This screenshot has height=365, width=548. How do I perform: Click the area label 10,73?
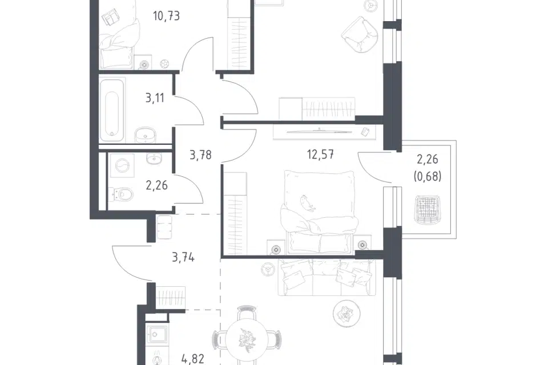pyautogui.click(x=166, y=16)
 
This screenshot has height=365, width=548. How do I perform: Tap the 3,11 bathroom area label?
pyautogui.click(x=155, y=98)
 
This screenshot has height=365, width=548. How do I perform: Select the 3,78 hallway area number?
pyautogui.click(x=200, y=155)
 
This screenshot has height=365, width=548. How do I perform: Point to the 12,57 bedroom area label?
pyautogui.click(x=320, y=154)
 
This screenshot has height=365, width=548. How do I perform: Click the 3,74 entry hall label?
pyautogui.click(x=183, y=258)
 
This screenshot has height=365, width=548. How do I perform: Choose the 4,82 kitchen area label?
pyautogui.click(x=192, y=359)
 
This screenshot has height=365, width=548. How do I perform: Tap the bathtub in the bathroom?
pyautogui.click(x=112, y=111)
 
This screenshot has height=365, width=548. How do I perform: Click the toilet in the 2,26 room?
pyautogui.click(x=120, y=194)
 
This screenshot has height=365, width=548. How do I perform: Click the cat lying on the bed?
pyautogui.click(x=308, y=203)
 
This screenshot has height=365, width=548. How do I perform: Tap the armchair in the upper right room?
pyautogui.click(x=360, y=35)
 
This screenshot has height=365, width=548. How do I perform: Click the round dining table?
pyautogui.click(x=247, y=339)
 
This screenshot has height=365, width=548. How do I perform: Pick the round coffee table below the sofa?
pyautogui.click(x=346, y=314)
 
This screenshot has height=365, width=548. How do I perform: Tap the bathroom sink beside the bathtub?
pyautogui.click(x=146, y=135)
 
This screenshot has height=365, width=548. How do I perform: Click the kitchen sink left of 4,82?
pyautogui.click(x=155, y=335)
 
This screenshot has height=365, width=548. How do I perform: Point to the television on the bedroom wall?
pyautogui.click(x=320, y=132)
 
